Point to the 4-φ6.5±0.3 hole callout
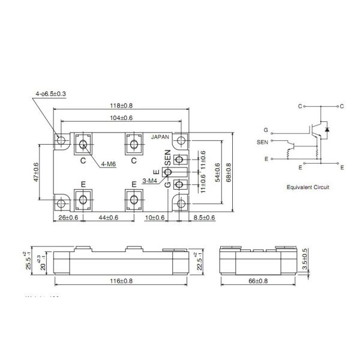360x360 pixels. click(51, 94)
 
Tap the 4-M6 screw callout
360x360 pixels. click(109, 163)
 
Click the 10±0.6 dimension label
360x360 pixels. click(155, 217)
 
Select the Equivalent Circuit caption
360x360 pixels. click(308, 187)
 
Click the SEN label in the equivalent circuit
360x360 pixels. click(263, 142)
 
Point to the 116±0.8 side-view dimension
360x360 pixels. click(121, 280)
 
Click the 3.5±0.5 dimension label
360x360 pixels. click(305, 259)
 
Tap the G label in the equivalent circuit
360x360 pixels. click(265, 130)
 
